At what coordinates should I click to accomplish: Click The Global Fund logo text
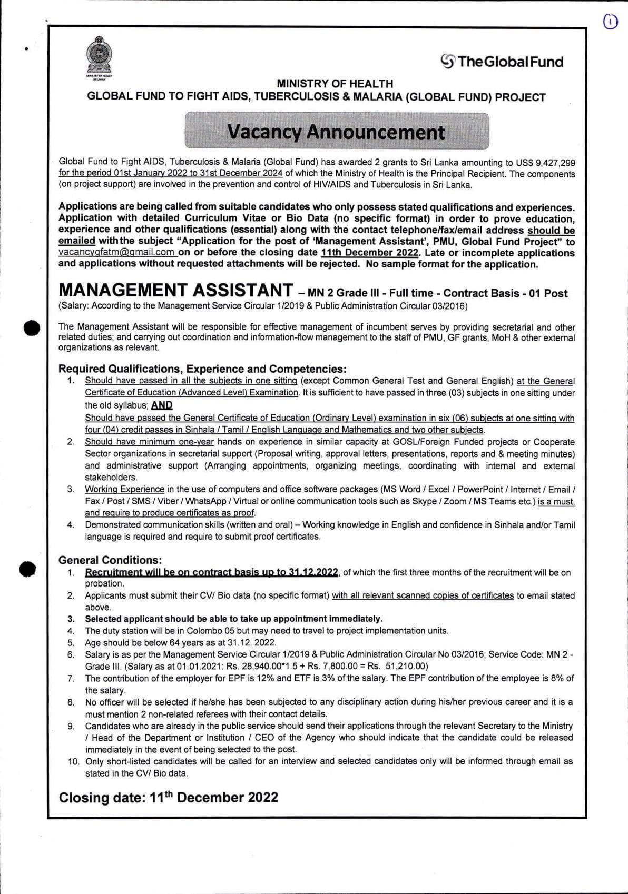(x=502, y=62)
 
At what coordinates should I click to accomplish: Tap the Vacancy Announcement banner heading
(x=336, y=132)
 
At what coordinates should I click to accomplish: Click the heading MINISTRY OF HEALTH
(x=335, y=84)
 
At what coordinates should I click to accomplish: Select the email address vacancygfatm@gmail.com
(x=116, y=253)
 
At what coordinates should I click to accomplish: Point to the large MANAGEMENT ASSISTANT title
(x=175, y=290)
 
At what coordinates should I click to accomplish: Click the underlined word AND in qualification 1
(x=162, y=405)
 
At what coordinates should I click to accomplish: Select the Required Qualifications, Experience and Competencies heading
(x=202, y=369)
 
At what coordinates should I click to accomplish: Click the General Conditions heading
(x=110, y=560)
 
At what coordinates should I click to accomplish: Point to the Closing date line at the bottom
(x=168, y=797)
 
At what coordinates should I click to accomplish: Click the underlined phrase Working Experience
(x=124, y=489)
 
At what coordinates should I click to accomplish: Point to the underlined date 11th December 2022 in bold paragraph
(x=370, y=253)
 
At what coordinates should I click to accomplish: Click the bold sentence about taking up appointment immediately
(x=233, y=619)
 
